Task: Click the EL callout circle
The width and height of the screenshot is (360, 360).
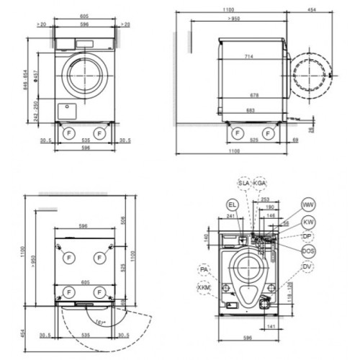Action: pos(231,205)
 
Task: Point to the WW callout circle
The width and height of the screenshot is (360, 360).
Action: pos(308,205)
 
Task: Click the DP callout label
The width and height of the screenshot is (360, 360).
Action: pos(308,235)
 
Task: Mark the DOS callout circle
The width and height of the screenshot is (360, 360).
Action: pos(308,251)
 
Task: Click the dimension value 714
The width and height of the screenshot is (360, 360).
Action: pos(247,55)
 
